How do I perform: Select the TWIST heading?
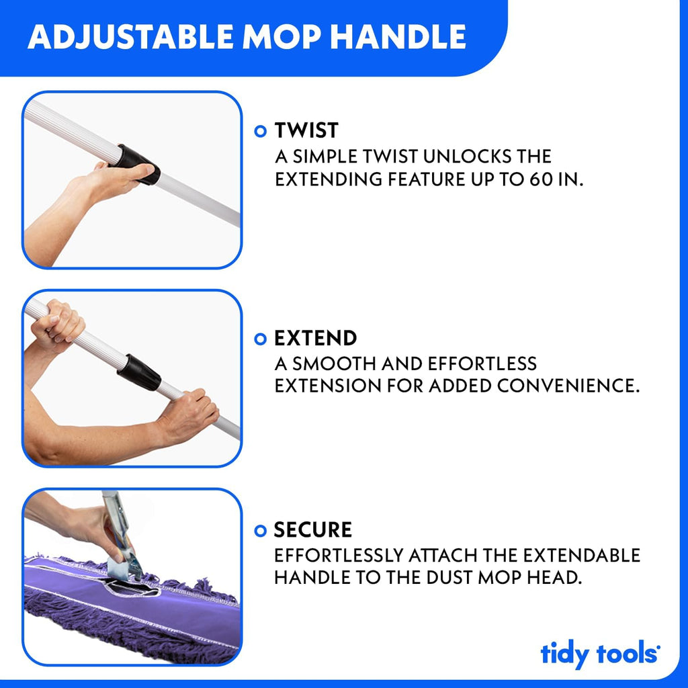coord(306,130)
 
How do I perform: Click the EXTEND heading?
coord(315,338)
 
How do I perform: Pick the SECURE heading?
coord(312,530)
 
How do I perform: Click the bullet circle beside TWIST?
coord(261,131)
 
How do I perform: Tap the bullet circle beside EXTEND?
coord(261,339)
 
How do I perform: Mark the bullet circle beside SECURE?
coord(261,531)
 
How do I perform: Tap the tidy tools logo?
coord(599,654)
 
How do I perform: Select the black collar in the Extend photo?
coord(139,372)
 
